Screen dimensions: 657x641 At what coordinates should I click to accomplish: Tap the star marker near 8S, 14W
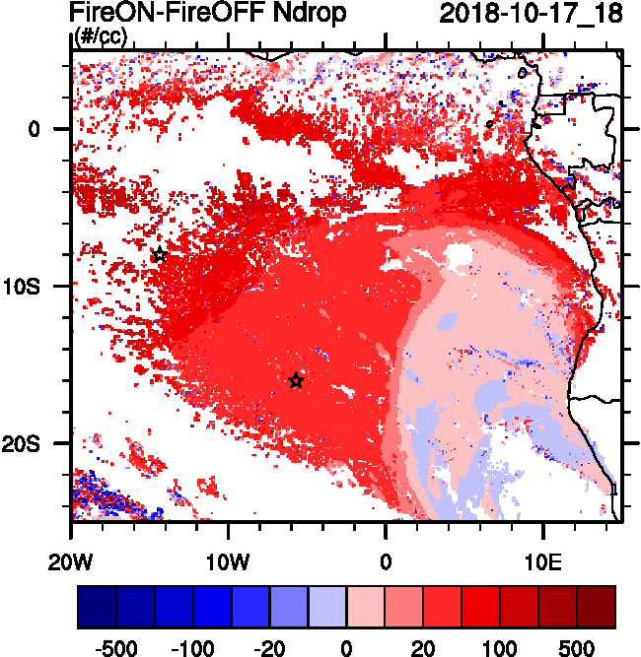tap(160, 255)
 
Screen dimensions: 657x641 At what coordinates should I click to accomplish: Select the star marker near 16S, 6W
tap(296, 381)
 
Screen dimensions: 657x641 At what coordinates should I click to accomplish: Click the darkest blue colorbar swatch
tap(97, 607)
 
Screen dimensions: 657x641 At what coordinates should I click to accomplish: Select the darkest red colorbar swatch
tap(596, 607)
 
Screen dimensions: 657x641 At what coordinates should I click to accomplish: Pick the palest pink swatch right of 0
tap(365, 607)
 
